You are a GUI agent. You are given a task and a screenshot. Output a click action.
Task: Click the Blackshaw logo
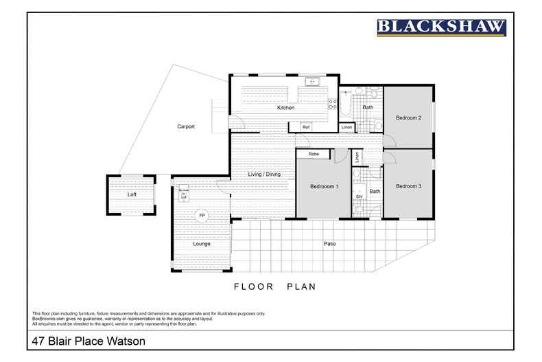pyautogui.click(x=441, y=27)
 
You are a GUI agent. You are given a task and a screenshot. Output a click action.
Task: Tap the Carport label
pyautogui.click(x=186, y=126)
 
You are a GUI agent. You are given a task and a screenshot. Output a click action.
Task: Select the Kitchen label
pyautogui.click(x=285, y=108)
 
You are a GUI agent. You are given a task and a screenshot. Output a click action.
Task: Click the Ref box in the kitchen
pyautogui.click(x=306, y=127)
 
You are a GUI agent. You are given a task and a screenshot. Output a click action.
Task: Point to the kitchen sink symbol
pyautogui.click(x=313, y=82)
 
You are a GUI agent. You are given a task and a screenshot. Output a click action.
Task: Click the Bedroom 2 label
pyautogui.click(x=408, y=117)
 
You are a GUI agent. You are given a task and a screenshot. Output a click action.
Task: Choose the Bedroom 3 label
pyautogui.click(x=408, y=186)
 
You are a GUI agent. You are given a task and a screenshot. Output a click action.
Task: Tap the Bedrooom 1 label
pyautogui.click(x=323, y=187)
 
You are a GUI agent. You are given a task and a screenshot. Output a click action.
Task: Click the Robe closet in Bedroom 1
pyautogui.click(x=314, y=155)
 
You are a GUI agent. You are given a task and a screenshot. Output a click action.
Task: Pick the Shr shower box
pyautogui.click(x=359, y=197)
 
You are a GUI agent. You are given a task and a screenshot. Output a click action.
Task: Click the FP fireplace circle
pyautogui.click(x=202, y=216)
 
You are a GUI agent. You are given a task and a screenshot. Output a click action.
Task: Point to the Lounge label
pyautogui.click(x=201, y=244)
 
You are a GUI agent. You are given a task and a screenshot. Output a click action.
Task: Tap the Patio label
pyautogui.click(x=329, y=243)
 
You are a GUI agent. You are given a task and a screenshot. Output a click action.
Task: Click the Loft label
pyautogui.click(x=132, y=194)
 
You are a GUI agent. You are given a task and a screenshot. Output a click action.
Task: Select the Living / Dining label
pyautogui.click(x=264, y=174)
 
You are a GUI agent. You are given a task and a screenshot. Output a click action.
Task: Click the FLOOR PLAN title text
pyautogui.click(x=274, y=286)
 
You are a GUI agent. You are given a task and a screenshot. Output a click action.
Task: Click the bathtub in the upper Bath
pyautogui.click(x=346, y=105)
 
